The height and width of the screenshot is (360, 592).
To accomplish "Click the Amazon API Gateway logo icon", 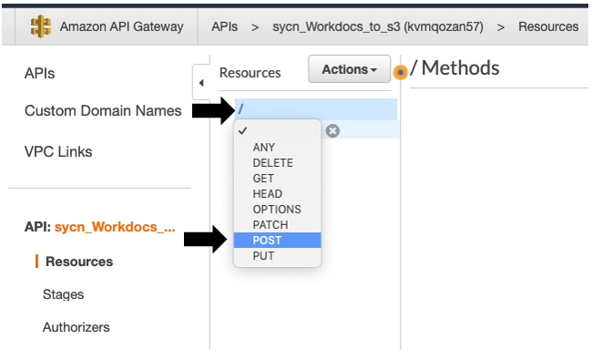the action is click(40, 27).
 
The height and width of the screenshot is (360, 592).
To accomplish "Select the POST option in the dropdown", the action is click(268, 241).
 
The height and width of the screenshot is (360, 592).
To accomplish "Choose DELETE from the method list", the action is click(272, 163).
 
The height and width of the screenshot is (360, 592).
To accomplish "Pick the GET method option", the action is click(263, 179).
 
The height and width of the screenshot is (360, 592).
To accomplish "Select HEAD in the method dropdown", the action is click(268, 194).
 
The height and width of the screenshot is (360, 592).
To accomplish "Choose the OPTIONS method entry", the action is click(277, 210).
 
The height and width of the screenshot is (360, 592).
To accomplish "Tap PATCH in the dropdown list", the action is click(270, 225).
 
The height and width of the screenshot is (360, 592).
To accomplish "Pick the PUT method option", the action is click(263, 256).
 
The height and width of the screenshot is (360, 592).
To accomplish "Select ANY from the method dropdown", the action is click(264, 148).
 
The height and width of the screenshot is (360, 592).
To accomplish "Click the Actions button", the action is click(350, 70).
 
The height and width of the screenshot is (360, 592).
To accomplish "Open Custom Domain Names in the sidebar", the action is click(103, 111).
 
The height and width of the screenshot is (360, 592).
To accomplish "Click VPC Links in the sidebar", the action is click(58, 151).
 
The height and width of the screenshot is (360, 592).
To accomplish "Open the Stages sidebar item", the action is click(63, 294).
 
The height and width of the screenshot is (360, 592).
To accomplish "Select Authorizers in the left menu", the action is click(76, 327).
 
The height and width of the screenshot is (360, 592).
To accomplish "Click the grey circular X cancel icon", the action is click(332, 131).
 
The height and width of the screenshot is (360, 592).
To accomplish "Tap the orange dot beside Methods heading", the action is click(400, 72).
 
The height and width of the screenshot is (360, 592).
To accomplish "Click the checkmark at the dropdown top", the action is click(242, 131).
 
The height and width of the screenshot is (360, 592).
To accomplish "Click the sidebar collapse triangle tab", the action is click(200, 83).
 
